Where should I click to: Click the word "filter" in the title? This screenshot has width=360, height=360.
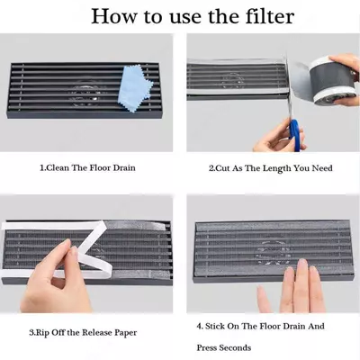pyautogui.click(x=270, y=16)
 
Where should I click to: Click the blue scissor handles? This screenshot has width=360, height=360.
pyautogui.click(x=294, y=134)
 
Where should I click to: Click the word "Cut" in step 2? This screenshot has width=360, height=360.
pyautogui.click(x=222, y=168)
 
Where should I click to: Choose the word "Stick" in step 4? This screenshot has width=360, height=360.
pyautogui.click(x=215, y=326)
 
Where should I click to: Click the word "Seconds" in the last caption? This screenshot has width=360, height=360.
pyautogui.click(x=236, y=348)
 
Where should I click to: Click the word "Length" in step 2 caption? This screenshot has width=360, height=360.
pyautogui.click(x=277, y=168)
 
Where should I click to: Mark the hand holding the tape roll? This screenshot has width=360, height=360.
pyautogui.click(x=345, y=78)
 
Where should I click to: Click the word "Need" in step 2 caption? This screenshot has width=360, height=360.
pyautogui.click(x=322, y=168)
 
